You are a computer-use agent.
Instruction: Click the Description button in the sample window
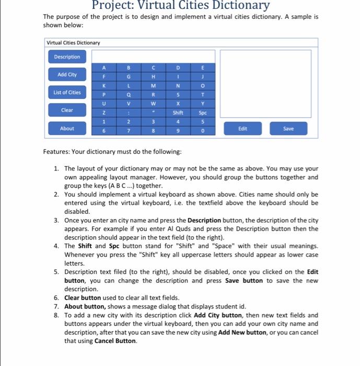point(67,57)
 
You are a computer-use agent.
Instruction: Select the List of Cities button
point(67,93)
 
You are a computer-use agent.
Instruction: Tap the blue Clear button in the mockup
point(67,110)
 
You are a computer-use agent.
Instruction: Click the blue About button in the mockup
point(67,128)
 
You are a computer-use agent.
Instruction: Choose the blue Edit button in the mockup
point(242,128)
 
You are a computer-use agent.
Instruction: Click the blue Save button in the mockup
point(288,128)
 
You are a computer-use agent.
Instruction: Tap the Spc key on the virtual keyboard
point(203,112)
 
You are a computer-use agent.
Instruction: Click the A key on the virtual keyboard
point(103,67)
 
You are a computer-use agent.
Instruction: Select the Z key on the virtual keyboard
point(103,112)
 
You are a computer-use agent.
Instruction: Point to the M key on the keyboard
point(154,86)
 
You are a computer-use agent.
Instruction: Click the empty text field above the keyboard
point(154,56)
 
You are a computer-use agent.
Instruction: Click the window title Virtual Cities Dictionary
point(73,42)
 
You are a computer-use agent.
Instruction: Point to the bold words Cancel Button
point(115,341)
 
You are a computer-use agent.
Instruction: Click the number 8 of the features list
point(56,315)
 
